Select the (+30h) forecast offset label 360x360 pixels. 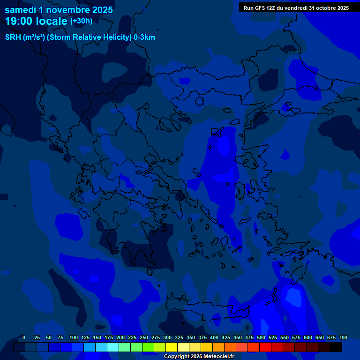click(x=81, y=21)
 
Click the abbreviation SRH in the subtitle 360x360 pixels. click(x=13, y=37)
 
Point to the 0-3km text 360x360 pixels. click(x=144, y=37)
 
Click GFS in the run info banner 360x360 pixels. click(x=259, y=8)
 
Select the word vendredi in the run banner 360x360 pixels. click(x=296, y=8)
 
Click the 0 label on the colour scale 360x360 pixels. click(x=24, y=337)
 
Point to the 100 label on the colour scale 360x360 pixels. click(x=74, y=337)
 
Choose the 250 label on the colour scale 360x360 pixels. click(x=144, y=337)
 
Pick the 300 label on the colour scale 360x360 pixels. click(x=167, y=337)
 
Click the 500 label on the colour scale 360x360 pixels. click(x=261, y=337)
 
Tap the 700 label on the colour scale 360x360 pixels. click(x=343, y=337)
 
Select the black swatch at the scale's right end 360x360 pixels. click(x=336, y=347)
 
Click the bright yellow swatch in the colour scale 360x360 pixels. click(x=172, y=347)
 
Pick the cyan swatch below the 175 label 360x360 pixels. click(x=113, y=347)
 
